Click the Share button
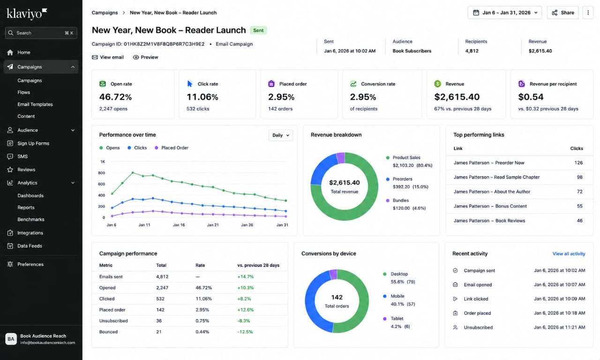tap(562, 13)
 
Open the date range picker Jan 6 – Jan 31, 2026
tap(505, 13)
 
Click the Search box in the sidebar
tap(41, 33)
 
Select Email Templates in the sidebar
tap(35, 104)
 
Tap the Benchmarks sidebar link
tap(31, 219)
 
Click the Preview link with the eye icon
tap(145, 57)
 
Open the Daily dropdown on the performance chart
tap(281, 135)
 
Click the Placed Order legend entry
tap(172, 148)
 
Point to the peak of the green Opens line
tap(133, 173)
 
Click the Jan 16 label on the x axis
tap(179, 225)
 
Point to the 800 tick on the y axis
tap(102, 173)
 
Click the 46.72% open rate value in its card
tap(115, 97)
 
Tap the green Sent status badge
tap(258, 30)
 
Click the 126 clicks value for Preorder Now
tap(578, 163)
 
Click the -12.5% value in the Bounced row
tap(245, 332)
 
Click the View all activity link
tap(569, 254)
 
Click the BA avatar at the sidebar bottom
tap(11, 339)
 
